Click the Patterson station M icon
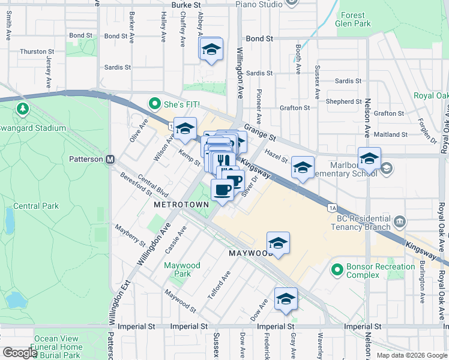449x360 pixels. [x=110, y=160]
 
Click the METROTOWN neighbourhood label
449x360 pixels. [x=181, y=205]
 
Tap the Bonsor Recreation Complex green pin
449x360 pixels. [x=337, y=271]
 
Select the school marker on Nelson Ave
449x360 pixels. [x=369, y=160]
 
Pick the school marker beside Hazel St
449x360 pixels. [x=303, y=168]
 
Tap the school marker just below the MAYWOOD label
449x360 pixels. [x=278, y=244]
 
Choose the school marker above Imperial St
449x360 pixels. [x=286, y=299]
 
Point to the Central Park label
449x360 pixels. [x=36, y=206]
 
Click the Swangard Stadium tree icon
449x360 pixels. [x=22, y=109]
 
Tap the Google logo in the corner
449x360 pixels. [x=20, y=353]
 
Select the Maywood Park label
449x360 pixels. [x=182, y=269]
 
